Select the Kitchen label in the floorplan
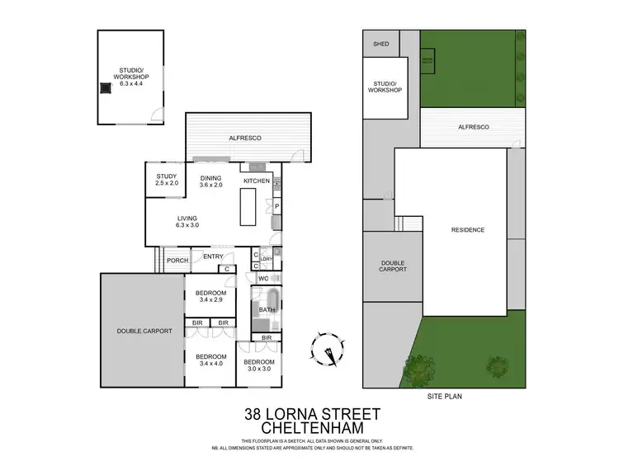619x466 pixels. click(256, 181)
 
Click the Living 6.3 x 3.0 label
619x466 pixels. click(187, 221)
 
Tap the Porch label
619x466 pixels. click(177, 261)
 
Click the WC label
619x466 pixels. click(263, 279)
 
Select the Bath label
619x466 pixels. click(267, 310)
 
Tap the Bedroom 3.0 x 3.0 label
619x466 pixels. click(258, 365)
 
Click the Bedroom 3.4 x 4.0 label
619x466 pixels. click(210, 360)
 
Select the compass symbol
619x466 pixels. click(328, 348)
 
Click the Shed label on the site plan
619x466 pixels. click(380, 44)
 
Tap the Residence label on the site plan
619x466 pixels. click(467, 230)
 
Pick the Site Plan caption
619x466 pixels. click(444, 396)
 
